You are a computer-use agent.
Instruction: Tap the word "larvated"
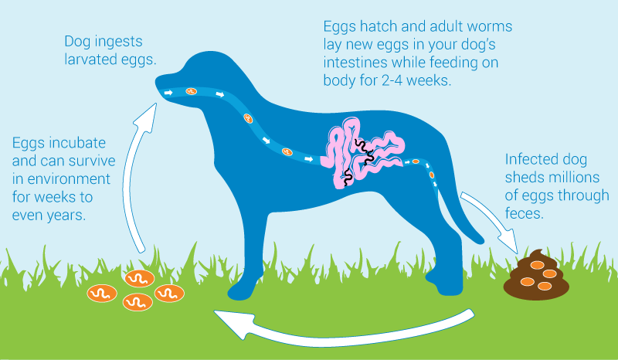click(x=90, y=59)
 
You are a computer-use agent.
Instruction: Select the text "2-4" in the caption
click(x=392, y=80)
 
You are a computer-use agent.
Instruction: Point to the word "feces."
click(x=525, y=213)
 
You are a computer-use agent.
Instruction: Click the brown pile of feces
click(x=536, y=276)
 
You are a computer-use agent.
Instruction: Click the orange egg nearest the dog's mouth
click(x=191, y=91)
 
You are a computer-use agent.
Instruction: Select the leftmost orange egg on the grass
click(x=102, y=294)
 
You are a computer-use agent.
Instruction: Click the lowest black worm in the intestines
click(x=348, y=178)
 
